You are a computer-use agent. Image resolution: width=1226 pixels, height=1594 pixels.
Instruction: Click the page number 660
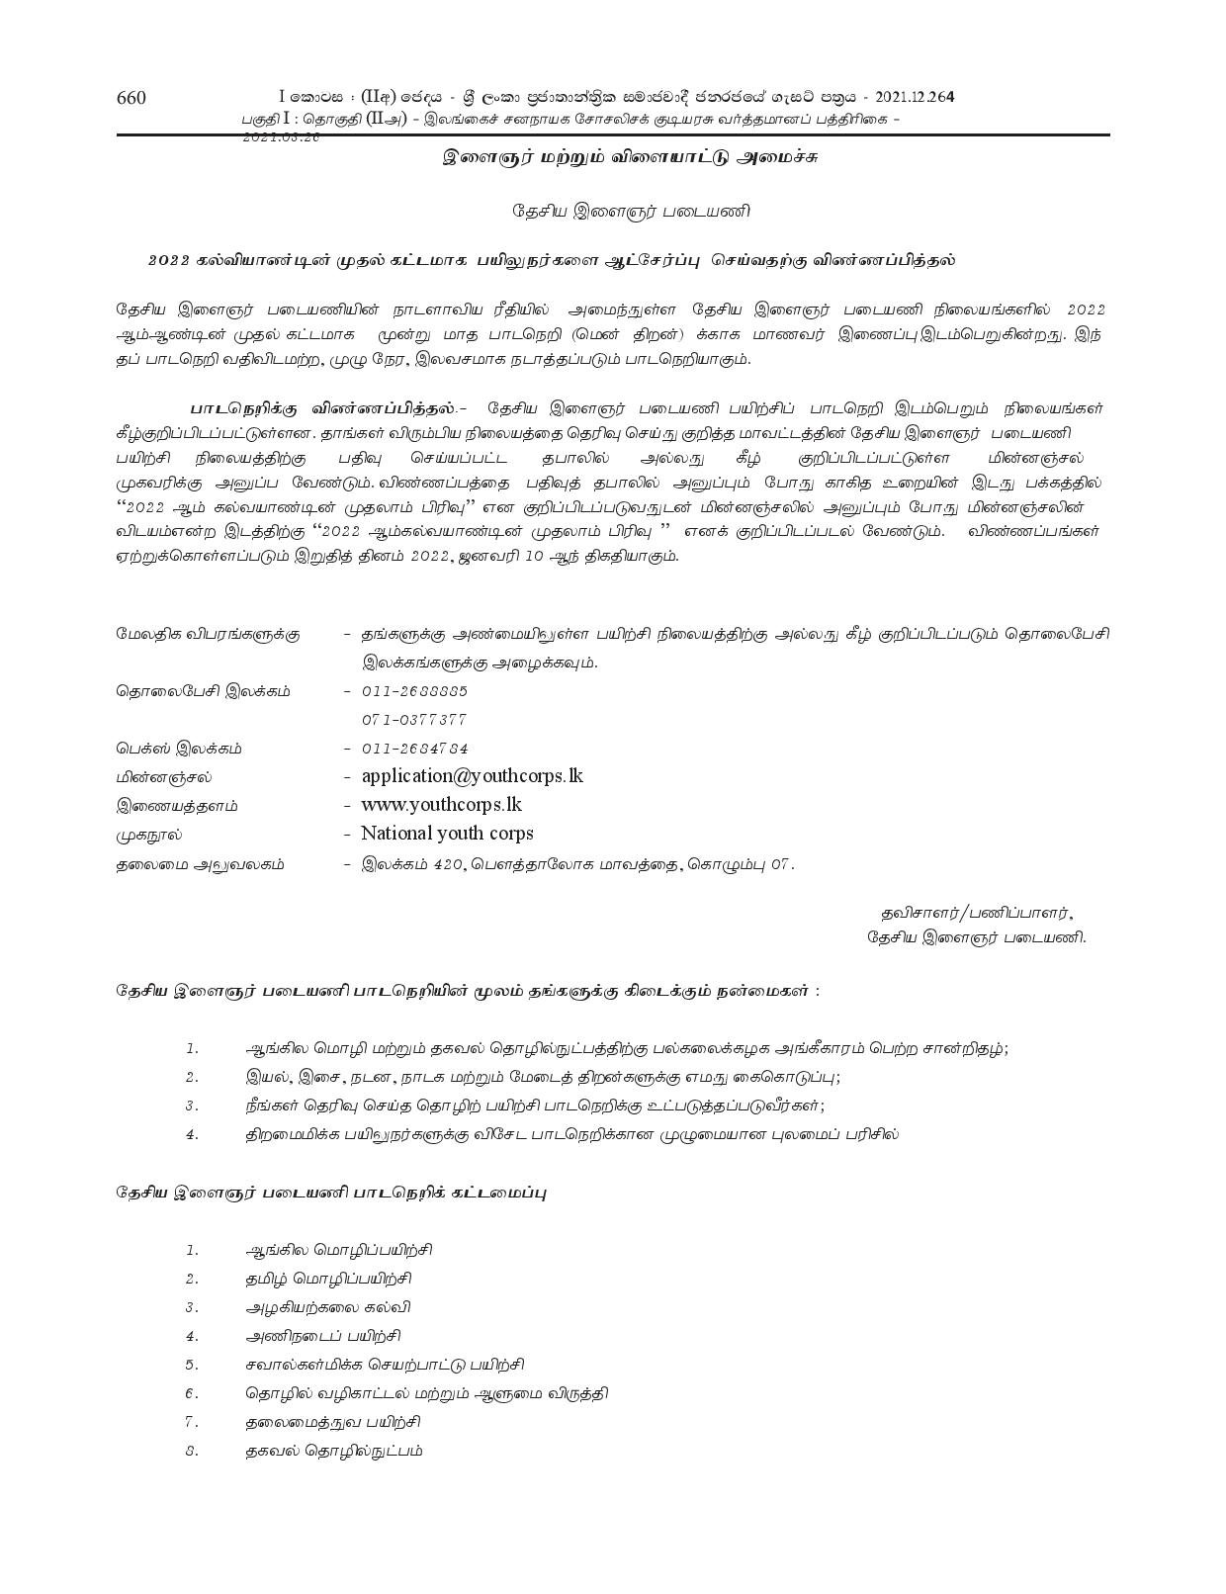point(131,97)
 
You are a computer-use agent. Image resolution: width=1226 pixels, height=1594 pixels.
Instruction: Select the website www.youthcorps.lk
point(441,805)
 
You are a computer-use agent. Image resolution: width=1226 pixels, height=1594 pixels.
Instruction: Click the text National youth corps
point(447,834)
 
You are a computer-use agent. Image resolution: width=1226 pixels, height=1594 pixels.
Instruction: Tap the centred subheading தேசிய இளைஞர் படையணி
point(631,211)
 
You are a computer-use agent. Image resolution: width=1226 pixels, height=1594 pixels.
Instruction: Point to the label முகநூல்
point(149,835)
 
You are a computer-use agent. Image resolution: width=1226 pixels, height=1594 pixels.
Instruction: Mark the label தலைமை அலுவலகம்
point(200,863)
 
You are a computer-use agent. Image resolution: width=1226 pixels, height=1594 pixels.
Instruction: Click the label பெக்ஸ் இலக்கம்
point(178,749)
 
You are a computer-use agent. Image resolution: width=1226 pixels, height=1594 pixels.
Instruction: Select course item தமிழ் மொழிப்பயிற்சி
point(328,1279)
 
